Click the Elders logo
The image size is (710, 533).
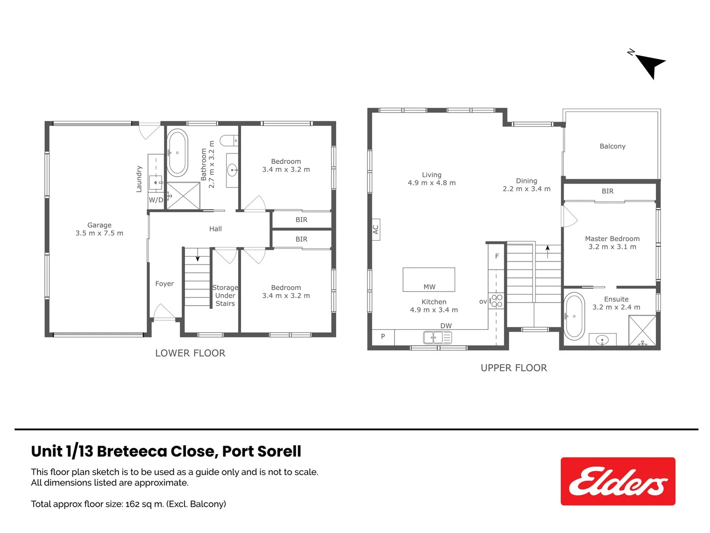coord(618,481)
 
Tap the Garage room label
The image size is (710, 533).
coord(99,225)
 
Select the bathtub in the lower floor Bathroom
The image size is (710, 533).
coord(177,153)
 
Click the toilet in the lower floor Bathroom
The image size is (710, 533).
coord(229,141)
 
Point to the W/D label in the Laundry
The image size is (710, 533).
coord(156,200)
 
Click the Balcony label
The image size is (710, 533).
coord(612,146)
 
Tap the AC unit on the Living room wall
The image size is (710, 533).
coord(375,229)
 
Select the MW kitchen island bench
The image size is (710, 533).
coord(428,280)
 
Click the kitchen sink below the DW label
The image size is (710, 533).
coord(437,338)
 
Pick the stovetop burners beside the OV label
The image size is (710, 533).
coord(497,301)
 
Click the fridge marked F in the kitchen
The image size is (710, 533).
coord(497,256)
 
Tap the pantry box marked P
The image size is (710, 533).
coord(383,337)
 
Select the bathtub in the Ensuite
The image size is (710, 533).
coord(574,316)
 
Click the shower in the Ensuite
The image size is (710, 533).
coord(642,330)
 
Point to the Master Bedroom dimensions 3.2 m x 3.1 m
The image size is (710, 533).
coord(612,247)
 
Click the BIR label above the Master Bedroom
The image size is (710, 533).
coord(607,191)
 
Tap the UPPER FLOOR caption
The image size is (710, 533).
coord(514,368)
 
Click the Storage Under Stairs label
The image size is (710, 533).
coord(225,295)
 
